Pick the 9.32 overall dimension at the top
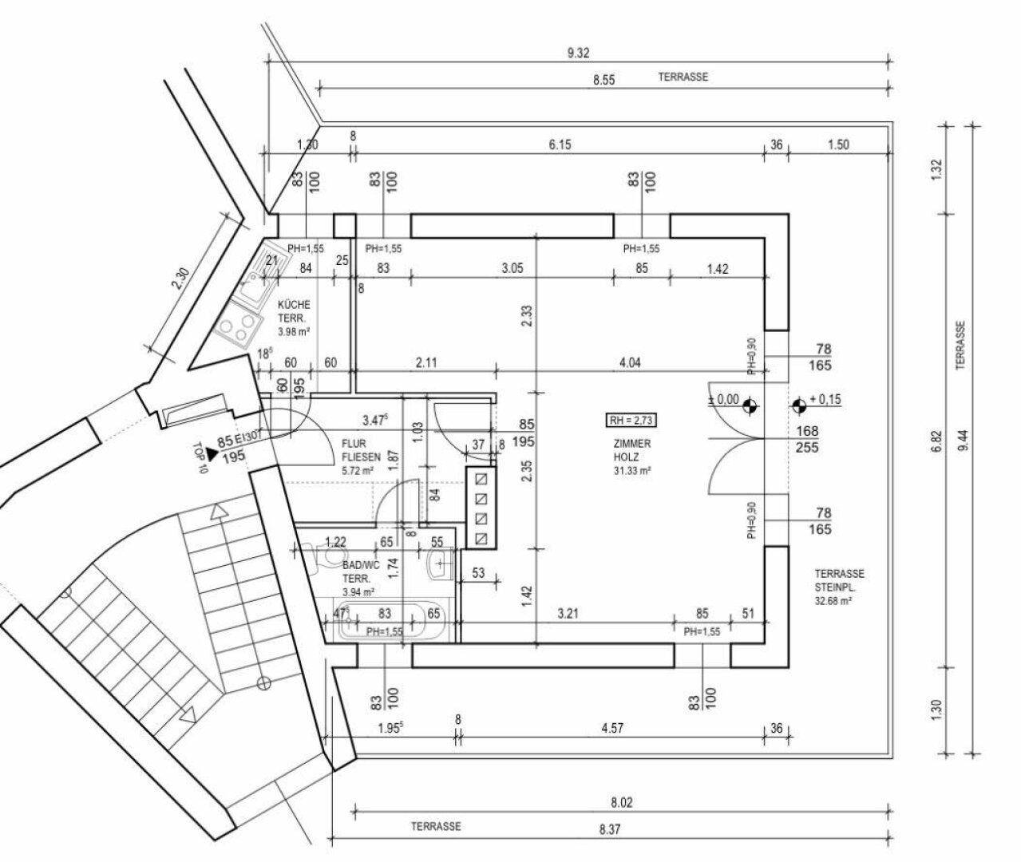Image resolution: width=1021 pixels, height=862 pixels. [x=578, y=53]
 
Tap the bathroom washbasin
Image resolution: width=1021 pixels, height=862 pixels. [x=439, y=567]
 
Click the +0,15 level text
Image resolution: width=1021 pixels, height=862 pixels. [x=825, y=399]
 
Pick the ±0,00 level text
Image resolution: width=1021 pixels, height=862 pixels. [x=724, y=399]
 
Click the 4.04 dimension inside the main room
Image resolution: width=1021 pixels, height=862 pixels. [x=629, y=362]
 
